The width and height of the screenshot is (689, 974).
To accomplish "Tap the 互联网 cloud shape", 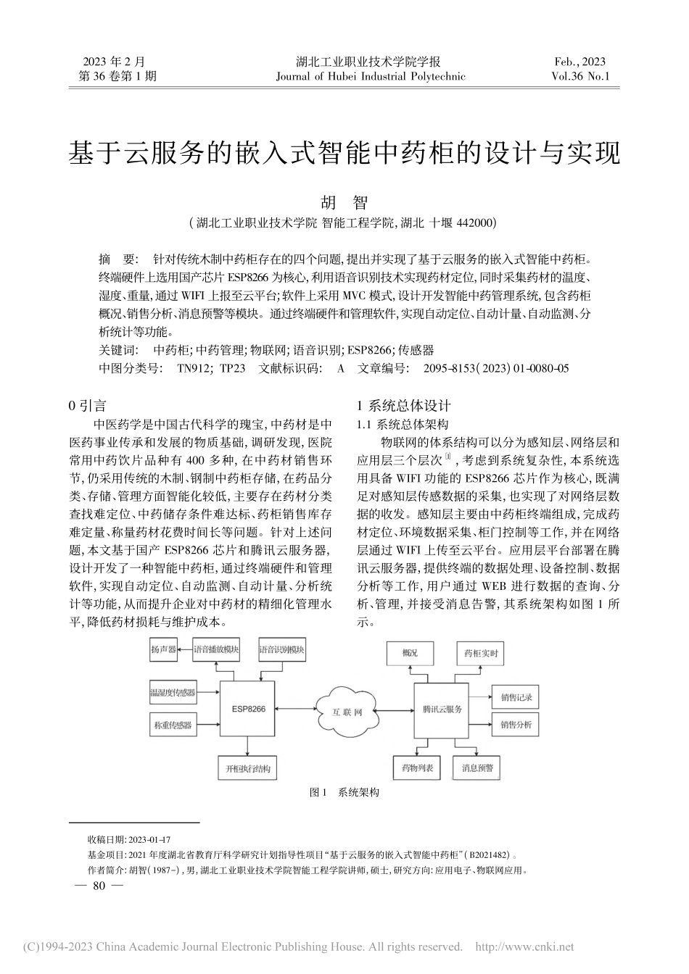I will click(x=347, y=711).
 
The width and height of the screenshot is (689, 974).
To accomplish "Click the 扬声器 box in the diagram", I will click(x=163, y=649).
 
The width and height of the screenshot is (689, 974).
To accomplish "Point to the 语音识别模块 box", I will click(x=281, y=649).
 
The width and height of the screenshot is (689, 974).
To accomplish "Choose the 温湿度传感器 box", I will click(x=172, y=693).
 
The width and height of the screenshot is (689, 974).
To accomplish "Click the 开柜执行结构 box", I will click(x=248, y=769).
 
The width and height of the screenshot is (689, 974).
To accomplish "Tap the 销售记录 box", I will click(x=516, y=697).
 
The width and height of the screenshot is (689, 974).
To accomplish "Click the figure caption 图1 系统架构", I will click(x=344, y=792).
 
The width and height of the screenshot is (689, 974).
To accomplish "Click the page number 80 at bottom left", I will click(x=100, y=886).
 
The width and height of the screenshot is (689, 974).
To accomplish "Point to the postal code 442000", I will click(x=476, y=223).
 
